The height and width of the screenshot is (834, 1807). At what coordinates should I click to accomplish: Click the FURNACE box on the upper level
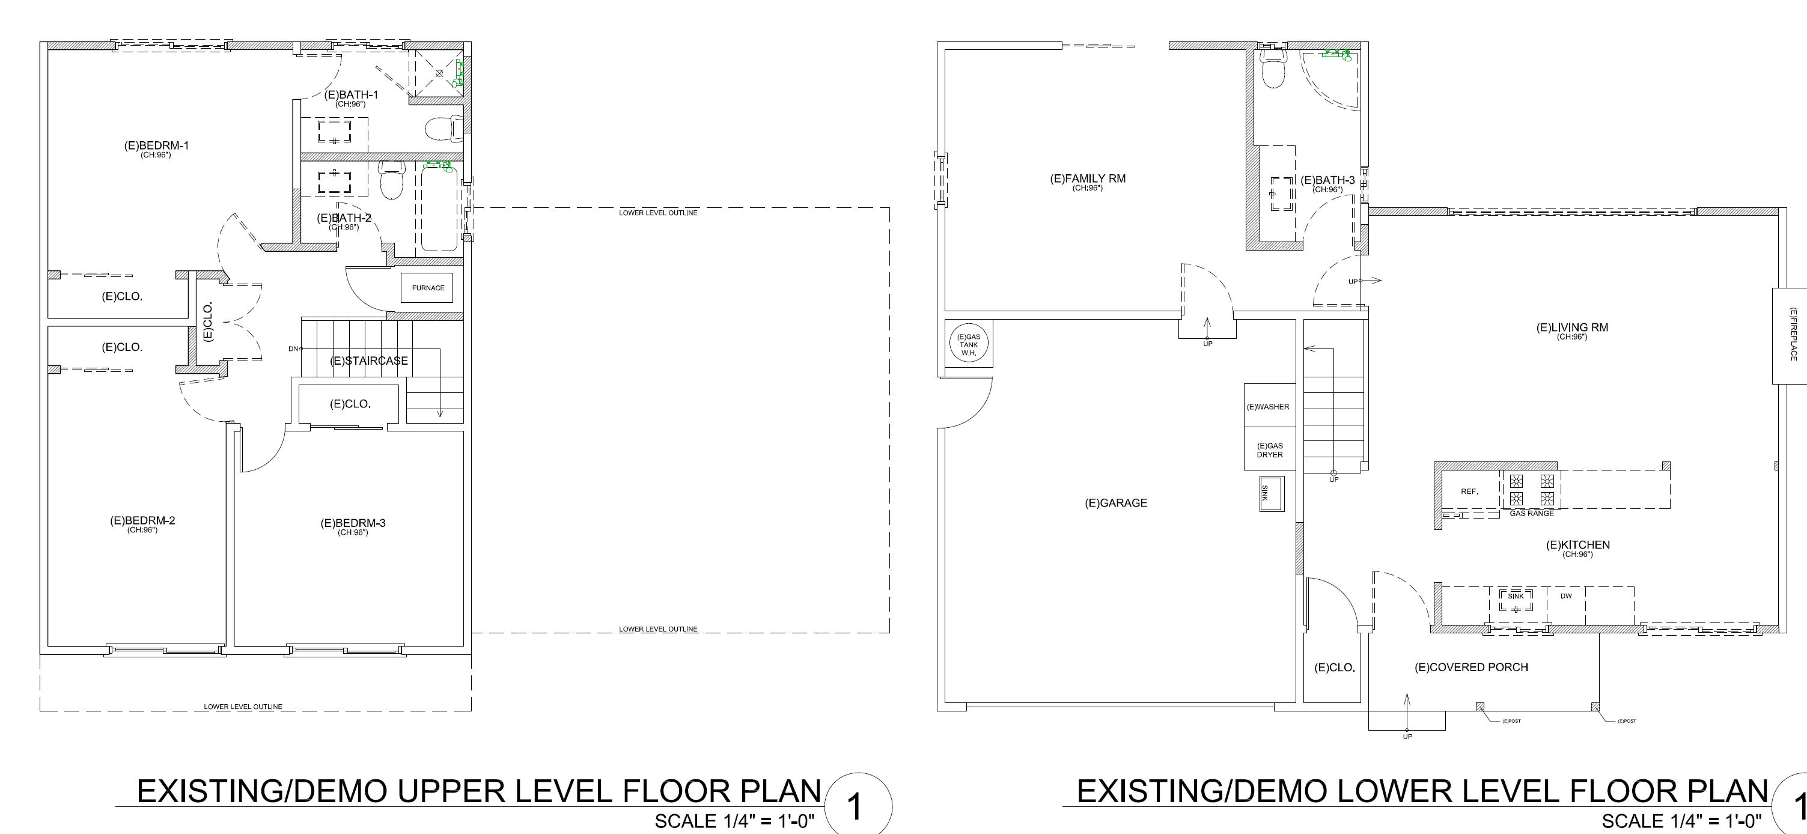pyautogui.click(x=427, y=288)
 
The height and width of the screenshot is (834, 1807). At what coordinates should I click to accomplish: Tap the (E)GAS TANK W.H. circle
pyautogui.click(x=969, y=344)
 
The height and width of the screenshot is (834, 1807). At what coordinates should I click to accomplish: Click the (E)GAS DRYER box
pyautogui.click(x=1267, y=449)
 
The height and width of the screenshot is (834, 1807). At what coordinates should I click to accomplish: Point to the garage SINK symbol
pyautogui.click(x=1271, y=494)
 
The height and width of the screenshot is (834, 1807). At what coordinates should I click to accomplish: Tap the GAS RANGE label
pyautogui.click(x=1531, y=514)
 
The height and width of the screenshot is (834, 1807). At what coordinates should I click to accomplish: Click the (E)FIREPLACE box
pyautogui.click(x=1790, y=335)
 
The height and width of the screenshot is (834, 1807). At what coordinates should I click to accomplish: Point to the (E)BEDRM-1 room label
pyautogui.click(x=156, y=146)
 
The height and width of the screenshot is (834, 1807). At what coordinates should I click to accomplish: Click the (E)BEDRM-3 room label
pyautogui.click(x=353, y=523)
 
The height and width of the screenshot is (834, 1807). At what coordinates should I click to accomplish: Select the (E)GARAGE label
pyautogui.click(x=1116, y=503)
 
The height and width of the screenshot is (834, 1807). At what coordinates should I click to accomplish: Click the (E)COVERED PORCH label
pyautogui.click(x=1471, y=667)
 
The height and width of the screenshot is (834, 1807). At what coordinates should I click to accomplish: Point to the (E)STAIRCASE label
pyautogui.click(x=369, y=361)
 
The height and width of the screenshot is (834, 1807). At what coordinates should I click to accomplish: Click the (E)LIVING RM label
pyautogui.click(x=1572, y=327)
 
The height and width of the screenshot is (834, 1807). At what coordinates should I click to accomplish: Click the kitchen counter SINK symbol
pyautogui.click(x=1516, y=600)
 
